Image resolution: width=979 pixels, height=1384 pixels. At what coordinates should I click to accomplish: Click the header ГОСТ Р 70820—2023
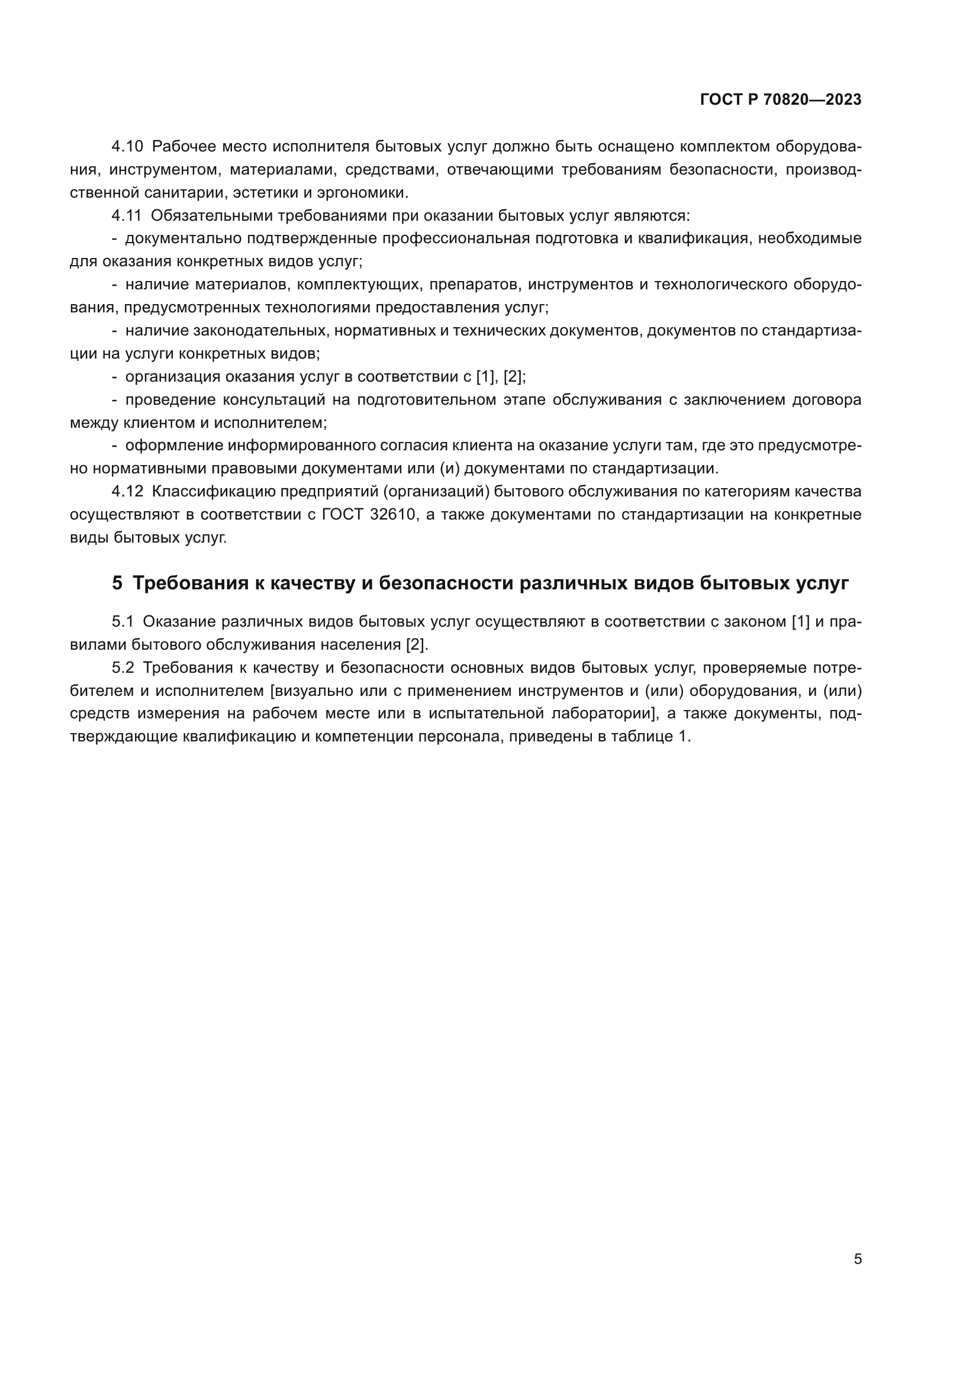(x=781, y=100)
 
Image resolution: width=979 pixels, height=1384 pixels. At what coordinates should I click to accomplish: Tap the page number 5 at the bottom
(x=857, y=1259)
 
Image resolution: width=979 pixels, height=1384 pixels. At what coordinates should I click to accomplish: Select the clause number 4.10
(x=127, y=147)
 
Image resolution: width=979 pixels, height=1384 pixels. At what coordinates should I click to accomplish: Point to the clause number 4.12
(x=127, y=491)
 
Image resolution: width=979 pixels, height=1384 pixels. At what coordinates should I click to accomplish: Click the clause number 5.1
(x=123, y=621)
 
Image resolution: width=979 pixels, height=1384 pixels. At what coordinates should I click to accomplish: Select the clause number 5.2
(x=123, y=667)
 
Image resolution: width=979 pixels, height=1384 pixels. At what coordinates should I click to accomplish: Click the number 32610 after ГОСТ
(x=394, y=514)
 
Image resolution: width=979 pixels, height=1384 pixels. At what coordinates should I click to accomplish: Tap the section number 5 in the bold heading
(x=117, y=583)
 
